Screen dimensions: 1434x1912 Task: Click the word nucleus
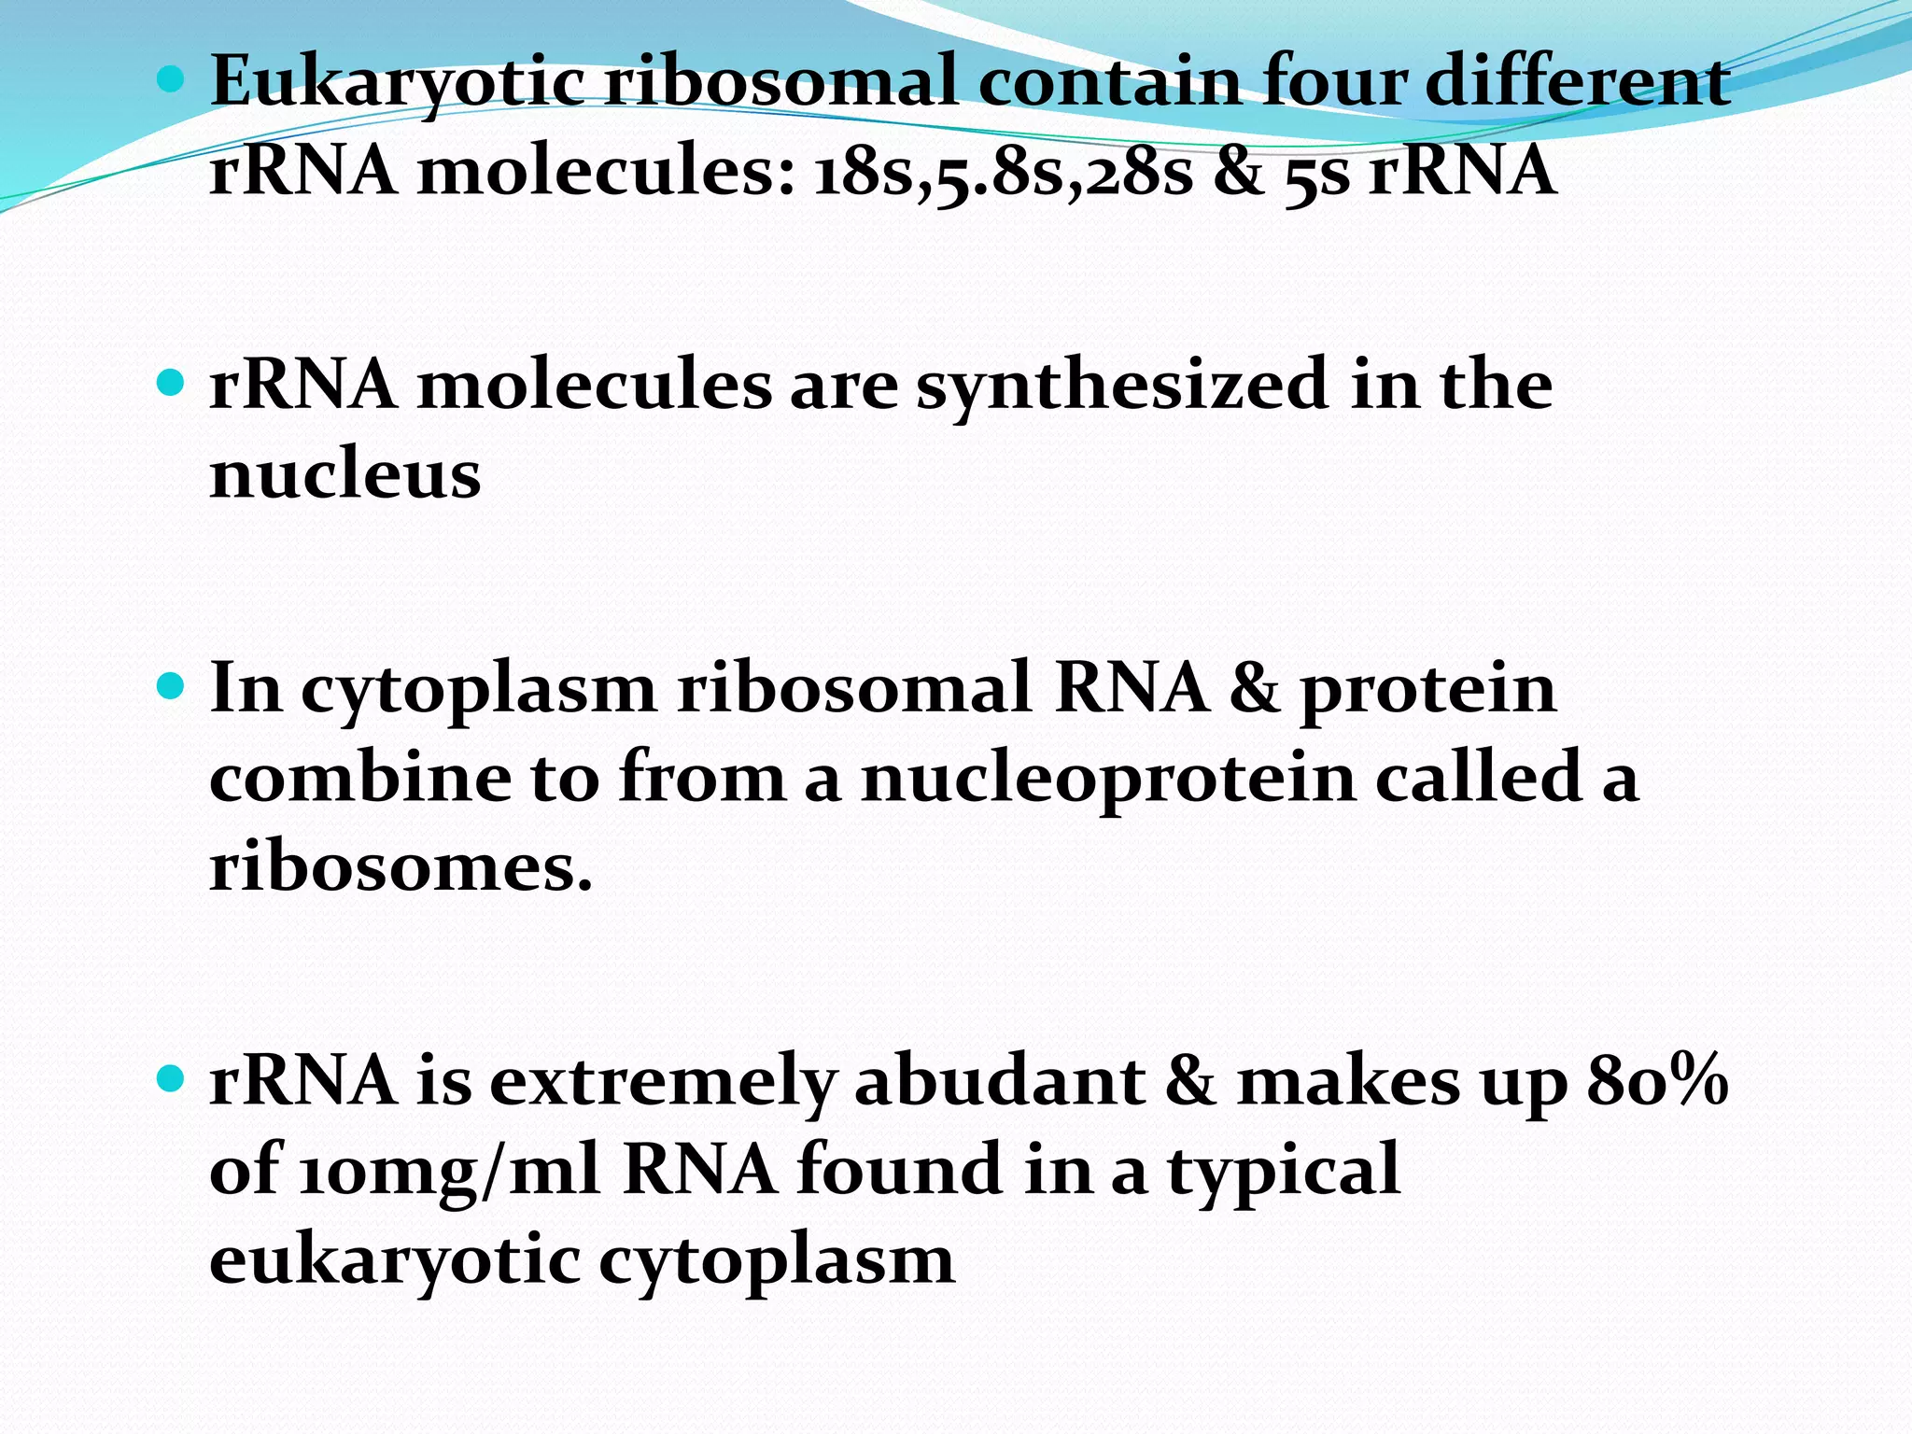[345, 475]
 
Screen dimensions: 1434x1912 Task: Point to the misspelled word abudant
[1000, 1082]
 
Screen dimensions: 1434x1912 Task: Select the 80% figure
[1656, 1082]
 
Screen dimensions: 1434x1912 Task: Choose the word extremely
[662, 1082]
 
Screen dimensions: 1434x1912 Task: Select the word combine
[360, 778]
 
